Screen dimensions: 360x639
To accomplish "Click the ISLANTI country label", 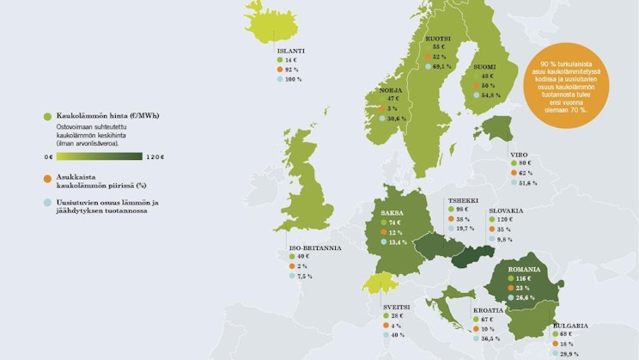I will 292,51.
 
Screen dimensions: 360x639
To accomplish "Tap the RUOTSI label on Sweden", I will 440,39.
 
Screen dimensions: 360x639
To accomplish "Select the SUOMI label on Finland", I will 486,65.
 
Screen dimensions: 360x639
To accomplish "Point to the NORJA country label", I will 392,89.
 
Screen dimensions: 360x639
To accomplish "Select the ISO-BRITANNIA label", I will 314,247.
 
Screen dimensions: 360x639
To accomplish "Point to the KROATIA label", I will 490,309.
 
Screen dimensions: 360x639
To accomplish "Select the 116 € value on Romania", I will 522,279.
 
